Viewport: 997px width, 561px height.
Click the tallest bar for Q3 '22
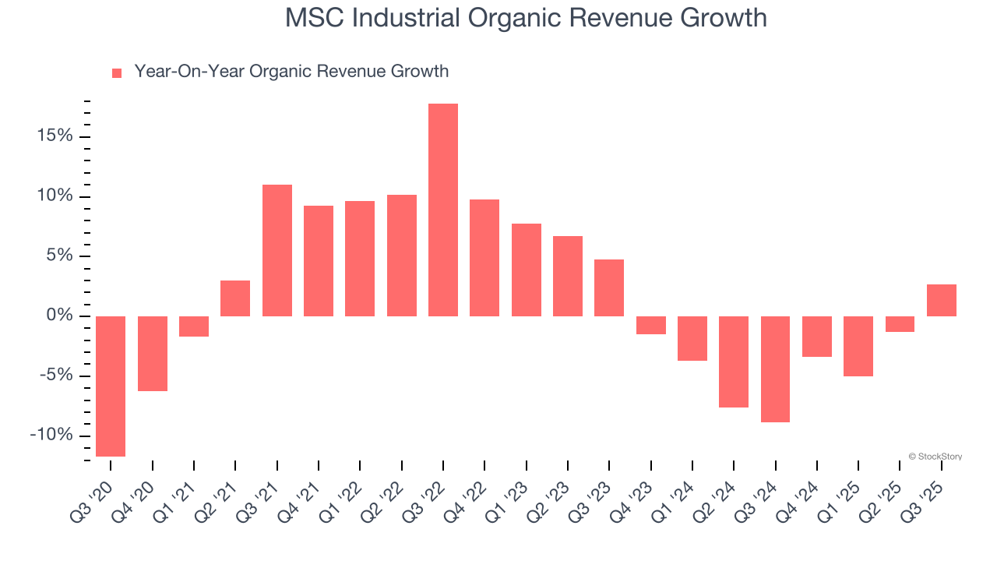tap(442, 210)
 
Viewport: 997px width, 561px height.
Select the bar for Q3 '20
tap(111, 386)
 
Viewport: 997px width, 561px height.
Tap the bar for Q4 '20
tap(152, 353)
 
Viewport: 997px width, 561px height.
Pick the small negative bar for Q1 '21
tap(194, 326)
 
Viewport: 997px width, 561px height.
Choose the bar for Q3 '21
tap(277, 250)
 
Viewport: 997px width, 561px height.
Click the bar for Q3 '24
tap(775, 369)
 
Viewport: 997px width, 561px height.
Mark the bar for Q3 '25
tap(941, 300)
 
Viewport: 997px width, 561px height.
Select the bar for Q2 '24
tap(734, 362)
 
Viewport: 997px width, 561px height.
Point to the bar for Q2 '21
tap(235, 298)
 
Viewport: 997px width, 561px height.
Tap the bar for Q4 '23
tap(650, 325)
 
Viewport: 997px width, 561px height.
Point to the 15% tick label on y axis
tap(54, 136)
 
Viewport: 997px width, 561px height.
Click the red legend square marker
tap(117, 73)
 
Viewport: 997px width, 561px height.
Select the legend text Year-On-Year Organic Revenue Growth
tap(291, 72)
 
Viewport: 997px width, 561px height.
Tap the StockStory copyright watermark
tap(935, 457)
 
